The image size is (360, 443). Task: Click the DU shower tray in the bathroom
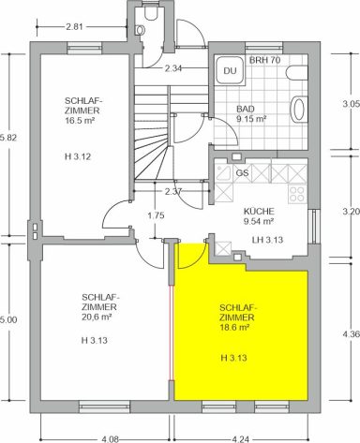[230, 70]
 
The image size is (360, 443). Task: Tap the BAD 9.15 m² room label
[251, 114]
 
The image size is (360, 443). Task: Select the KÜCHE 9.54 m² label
[259, 216]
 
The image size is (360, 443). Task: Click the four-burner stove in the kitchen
[297, 194]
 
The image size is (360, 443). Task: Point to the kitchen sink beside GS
[224, 173]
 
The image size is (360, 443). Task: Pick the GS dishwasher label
[243, 172]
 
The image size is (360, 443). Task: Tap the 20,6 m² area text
[97, 317]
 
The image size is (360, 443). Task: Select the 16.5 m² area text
[80, 121]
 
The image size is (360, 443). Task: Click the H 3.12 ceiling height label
[78, 156]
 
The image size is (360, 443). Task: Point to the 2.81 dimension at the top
[74, 27]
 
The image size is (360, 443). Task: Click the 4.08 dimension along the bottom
[111, 439]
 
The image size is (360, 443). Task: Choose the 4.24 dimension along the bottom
[241, 439]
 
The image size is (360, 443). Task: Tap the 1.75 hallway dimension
[156, 215]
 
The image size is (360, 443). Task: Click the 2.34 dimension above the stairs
[173, 68]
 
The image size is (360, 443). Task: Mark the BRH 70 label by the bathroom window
[264, 60]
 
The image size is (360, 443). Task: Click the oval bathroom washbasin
[298, 109]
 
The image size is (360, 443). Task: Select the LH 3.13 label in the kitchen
[267, 240]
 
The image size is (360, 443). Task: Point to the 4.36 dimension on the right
[352, 333]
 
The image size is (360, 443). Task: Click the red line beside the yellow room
[171, 332]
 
